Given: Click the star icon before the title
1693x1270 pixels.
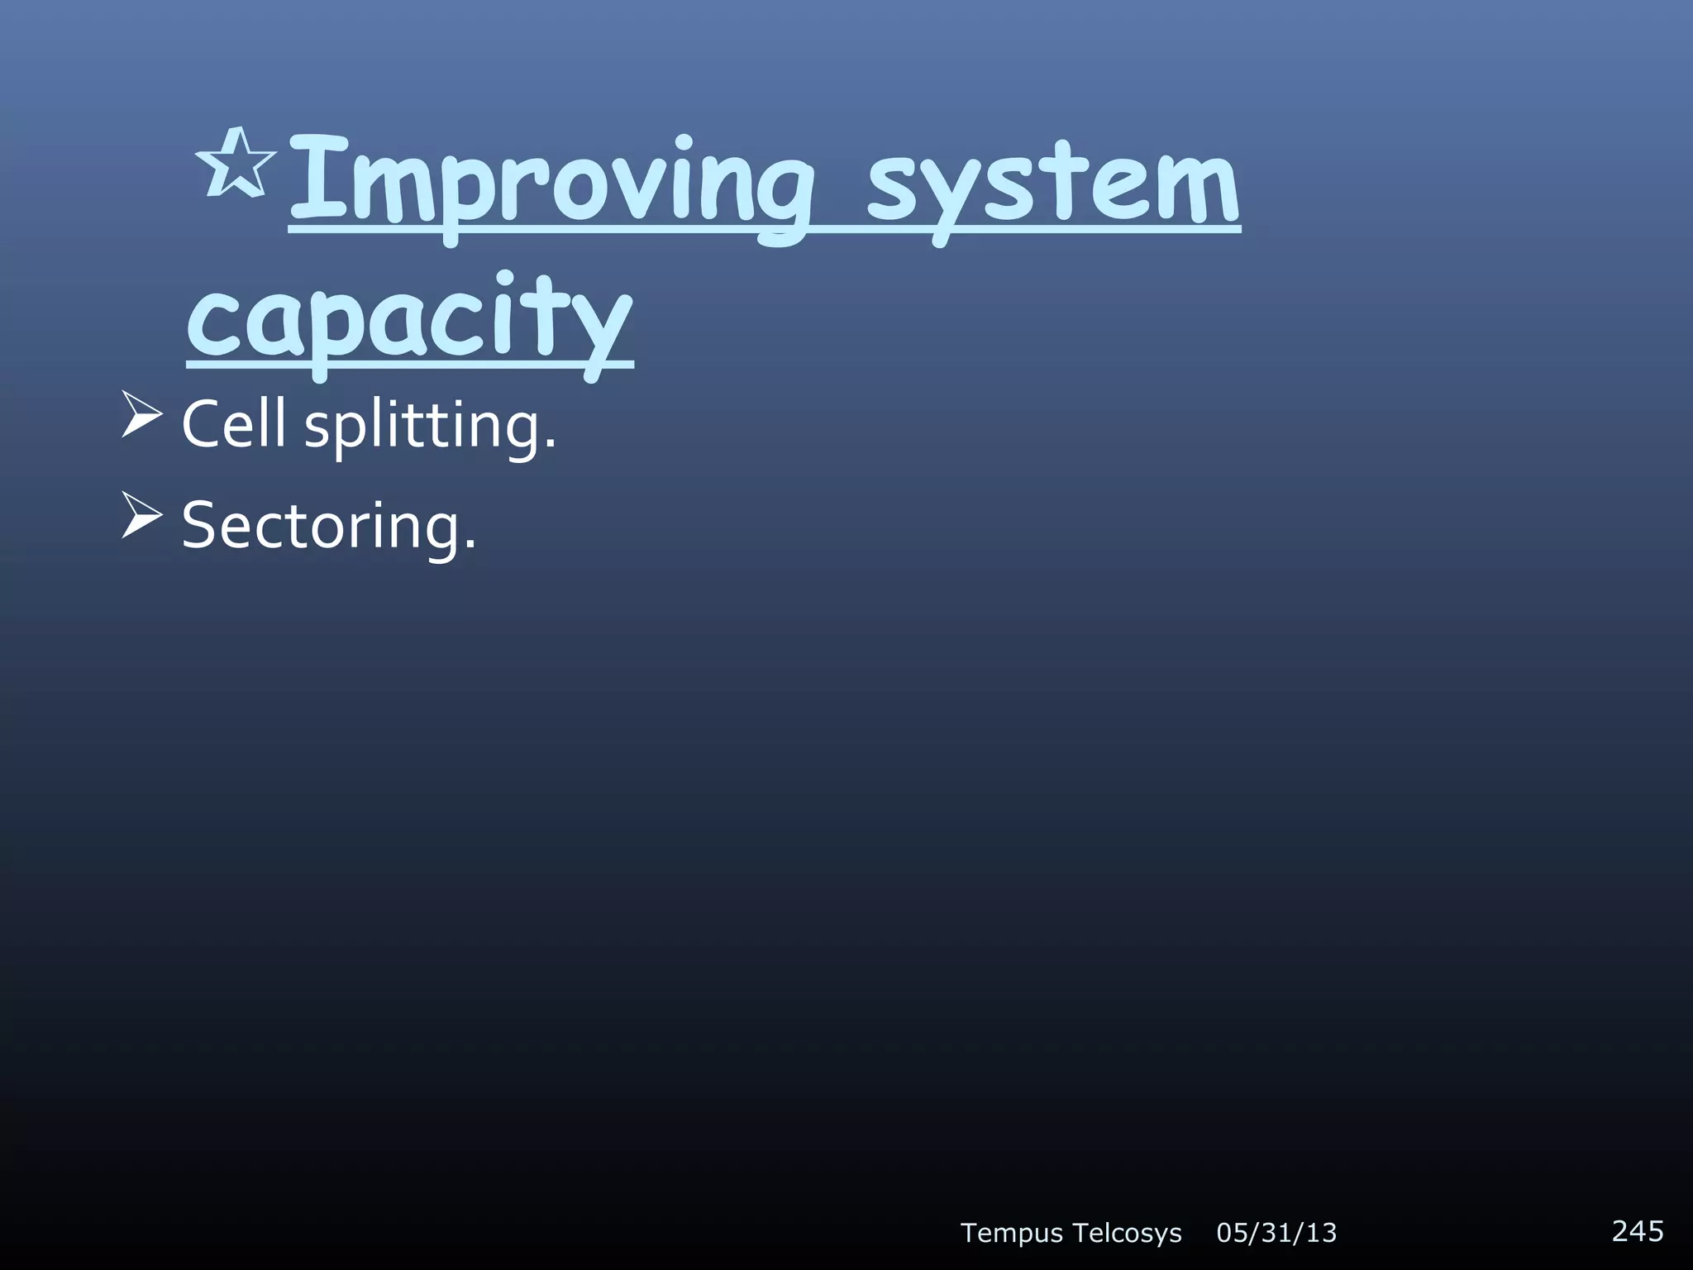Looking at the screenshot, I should point(236,165).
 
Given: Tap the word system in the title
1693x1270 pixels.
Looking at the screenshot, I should point(1052,184).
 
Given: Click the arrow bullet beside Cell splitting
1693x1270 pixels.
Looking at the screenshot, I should point(141,415).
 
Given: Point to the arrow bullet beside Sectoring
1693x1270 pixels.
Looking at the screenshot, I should point(141,516).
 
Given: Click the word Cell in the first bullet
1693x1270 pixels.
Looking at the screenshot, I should point(233,424).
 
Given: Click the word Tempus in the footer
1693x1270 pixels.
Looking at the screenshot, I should point(1012,1233).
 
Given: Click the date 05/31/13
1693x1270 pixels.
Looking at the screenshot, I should point(1276,1233).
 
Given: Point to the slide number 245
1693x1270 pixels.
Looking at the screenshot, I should point(1638,1230).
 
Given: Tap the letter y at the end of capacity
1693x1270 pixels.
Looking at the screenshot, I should point(602,331).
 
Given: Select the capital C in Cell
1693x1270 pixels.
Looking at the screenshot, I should point(203,424).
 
